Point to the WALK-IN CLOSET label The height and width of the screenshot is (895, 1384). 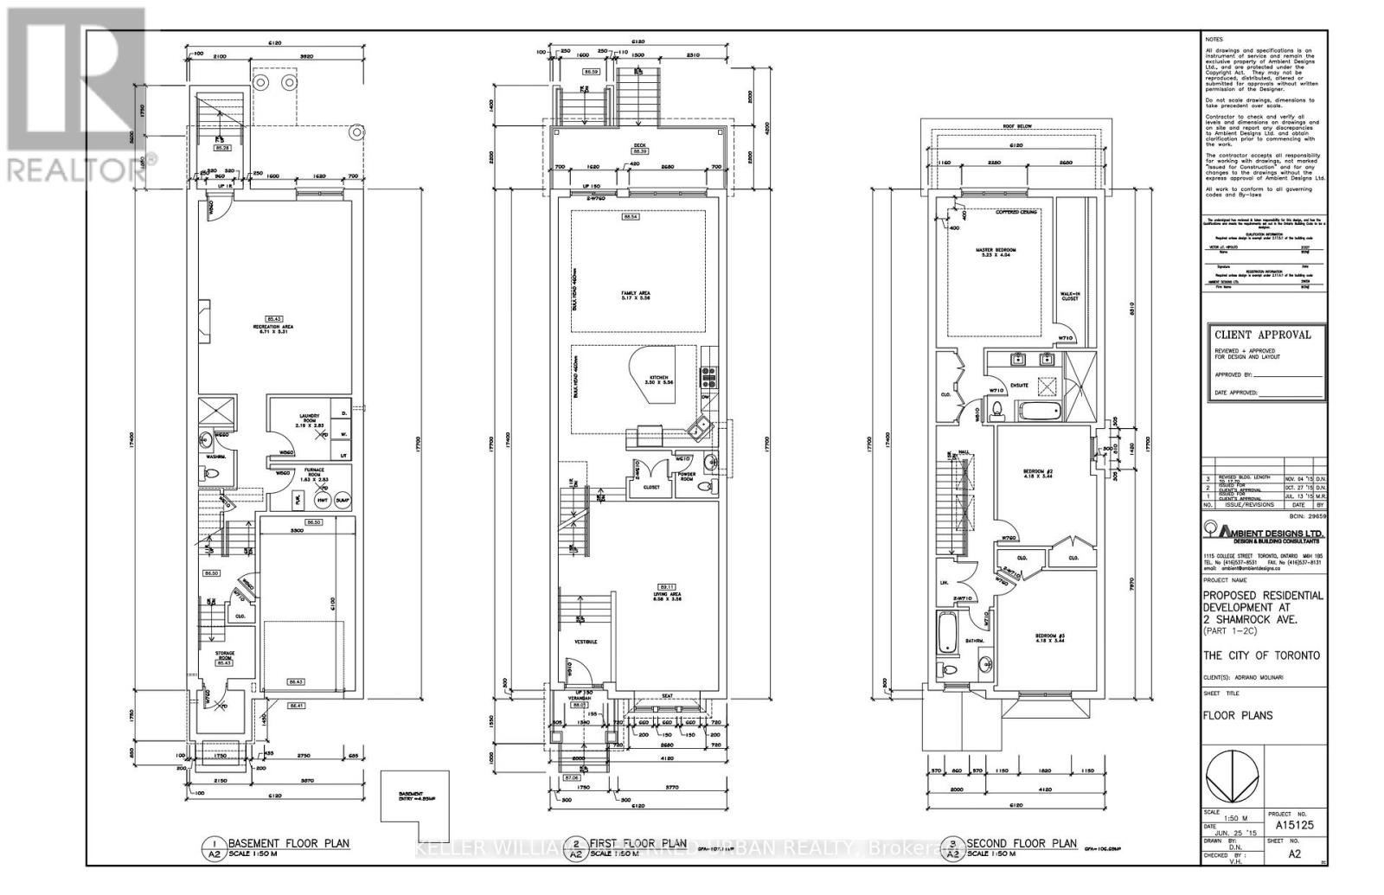coord(1069,296)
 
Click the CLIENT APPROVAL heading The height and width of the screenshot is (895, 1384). coord(1262,335)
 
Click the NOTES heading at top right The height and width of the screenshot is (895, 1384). coord(1216,40)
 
